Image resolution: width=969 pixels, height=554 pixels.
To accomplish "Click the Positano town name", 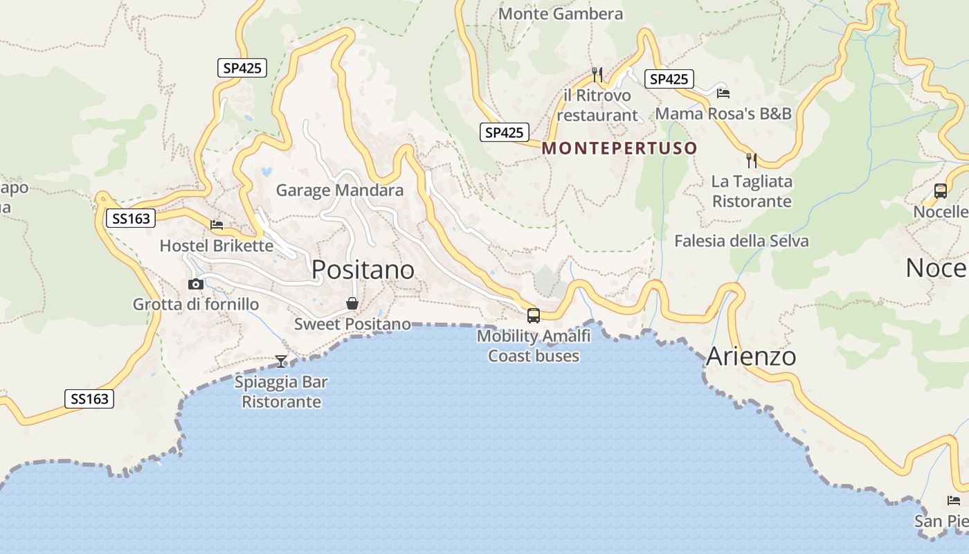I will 363,269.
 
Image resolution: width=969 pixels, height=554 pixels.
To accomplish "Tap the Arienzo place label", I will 751,357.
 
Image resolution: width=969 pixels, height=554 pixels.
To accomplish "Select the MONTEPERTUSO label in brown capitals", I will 619,148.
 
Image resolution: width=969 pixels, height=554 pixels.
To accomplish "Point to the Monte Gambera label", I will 561,14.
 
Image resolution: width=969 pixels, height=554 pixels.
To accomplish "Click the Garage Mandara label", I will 340,190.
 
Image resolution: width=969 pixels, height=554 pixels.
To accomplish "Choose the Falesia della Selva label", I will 741,241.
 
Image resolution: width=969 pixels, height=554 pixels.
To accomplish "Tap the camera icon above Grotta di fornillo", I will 196,284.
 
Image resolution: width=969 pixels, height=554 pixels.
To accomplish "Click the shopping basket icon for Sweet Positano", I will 352,303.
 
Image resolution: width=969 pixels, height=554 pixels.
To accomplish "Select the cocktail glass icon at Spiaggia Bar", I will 281,361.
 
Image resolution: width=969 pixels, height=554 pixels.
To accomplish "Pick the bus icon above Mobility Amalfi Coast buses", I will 534,316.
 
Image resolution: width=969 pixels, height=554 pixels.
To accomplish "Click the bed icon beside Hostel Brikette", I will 217,225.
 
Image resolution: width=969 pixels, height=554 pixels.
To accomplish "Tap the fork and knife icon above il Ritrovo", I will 597,74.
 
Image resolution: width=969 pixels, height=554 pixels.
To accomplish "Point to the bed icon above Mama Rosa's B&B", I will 723,93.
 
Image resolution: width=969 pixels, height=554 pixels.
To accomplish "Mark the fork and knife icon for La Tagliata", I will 752,161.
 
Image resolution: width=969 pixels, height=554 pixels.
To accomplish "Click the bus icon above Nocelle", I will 940,191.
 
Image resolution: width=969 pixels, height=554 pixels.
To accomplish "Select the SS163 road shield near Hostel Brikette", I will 130,219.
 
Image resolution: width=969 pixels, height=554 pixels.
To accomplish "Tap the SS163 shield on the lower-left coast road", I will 89,399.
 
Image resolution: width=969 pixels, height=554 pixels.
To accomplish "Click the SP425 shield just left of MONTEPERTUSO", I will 505,132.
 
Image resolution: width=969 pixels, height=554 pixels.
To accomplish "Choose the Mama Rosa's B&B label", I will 723,114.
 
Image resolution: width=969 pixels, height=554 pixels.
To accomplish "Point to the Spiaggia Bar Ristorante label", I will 281,392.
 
